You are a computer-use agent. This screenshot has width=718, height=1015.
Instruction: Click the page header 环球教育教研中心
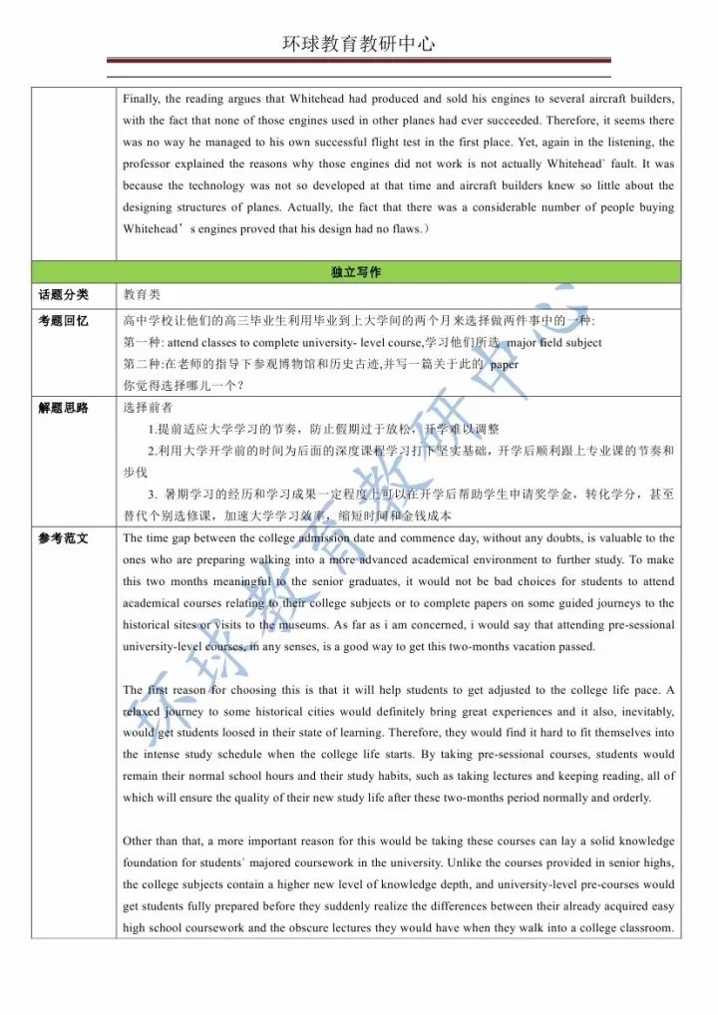pyautogui.click(x=359, y=44)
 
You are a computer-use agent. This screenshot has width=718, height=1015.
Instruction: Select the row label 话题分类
pyautogui.click(x=64, y=294)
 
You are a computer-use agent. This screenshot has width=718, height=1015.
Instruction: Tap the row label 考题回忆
pyautogui.click(x=64, y=320)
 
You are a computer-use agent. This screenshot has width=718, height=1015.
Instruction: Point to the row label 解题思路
pyautogui.click(x=64, y=407)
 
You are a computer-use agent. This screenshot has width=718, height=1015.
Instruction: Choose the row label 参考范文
pyautogui.click(x=64, y=537)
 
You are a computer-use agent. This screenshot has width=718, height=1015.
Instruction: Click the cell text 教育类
pyautogui.click(x=142, y=295)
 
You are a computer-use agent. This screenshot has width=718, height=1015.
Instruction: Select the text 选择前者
pyautogui.click(x=148, y=407)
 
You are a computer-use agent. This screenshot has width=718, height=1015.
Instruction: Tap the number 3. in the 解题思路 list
pyautogui.click(x=153, y=495)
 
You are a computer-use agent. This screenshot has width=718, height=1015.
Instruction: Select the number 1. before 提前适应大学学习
pyautogui.click(x=152, y=429)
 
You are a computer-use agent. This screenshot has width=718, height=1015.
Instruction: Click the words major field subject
pyautogui.click(x=554, y=342)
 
